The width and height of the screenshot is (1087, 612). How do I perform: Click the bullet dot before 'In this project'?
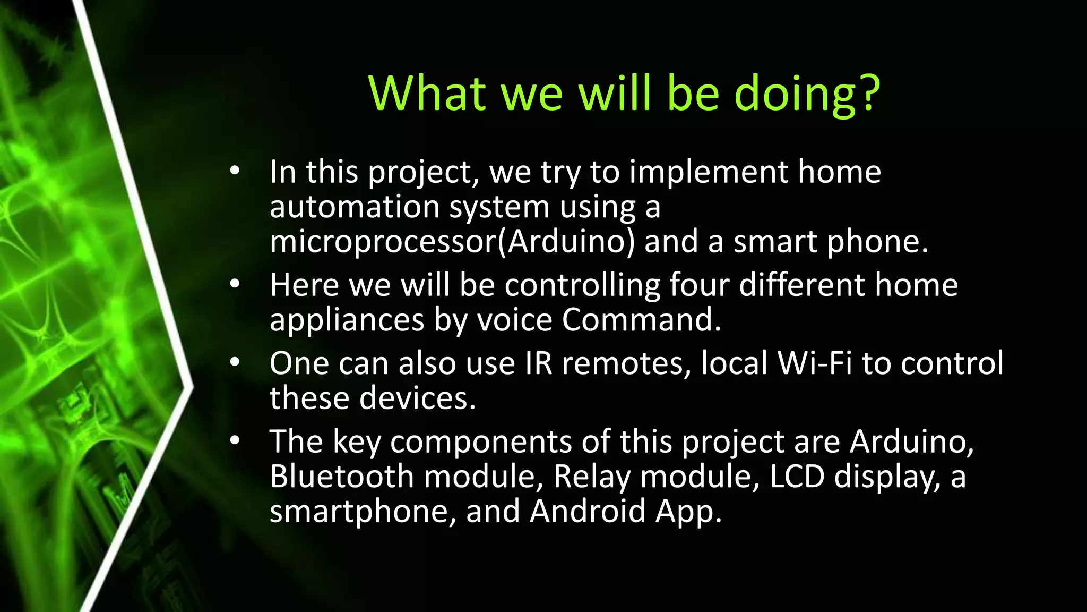[235, 171]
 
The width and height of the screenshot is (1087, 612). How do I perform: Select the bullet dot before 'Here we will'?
[235, 284]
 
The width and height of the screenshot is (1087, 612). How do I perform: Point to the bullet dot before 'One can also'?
[235, 362]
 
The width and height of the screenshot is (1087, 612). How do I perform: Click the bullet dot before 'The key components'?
[235, 440]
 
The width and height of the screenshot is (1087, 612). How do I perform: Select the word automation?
[355, 207]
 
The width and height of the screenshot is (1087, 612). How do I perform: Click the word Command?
[641, 320]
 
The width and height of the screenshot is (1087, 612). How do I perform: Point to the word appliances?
[347, 320]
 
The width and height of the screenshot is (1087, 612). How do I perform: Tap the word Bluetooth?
[341, 476]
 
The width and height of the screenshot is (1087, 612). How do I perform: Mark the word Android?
[587, 511]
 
